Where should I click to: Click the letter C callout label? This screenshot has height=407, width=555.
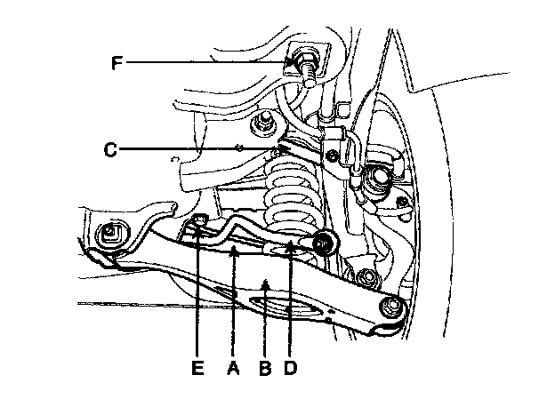[110, 149]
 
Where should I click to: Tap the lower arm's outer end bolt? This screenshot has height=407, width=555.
[390, 307]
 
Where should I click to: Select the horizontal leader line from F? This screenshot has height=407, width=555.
[205, 62]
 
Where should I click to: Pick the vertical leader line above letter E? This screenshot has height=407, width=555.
[197, 293]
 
